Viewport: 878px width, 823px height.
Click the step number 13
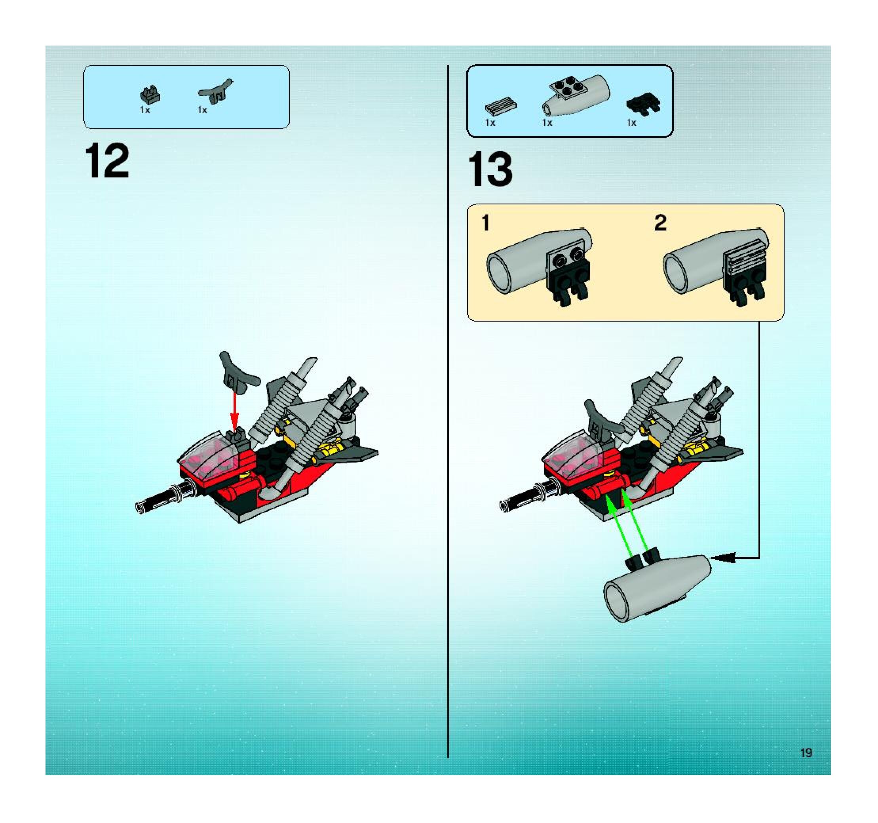490,169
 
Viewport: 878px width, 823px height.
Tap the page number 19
806,753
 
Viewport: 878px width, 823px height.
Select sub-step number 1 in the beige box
486,223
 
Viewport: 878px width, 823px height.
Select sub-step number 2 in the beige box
660,223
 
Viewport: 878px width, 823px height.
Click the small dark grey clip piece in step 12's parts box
150,94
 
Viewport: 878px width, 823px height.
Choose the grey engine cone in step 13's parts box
576,94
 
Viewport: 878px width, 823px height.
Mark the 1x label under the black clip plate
631,123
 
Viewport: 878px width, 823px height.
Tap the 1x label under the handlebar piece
202,110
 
